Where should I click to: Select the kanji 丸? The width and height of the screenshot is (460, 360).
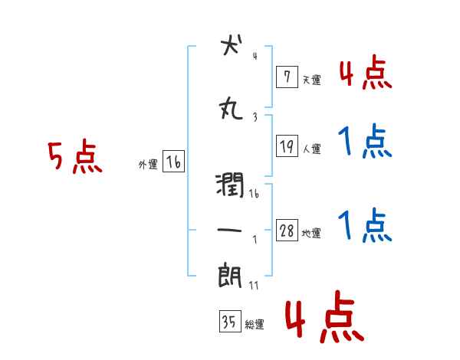click(x=230, y=110)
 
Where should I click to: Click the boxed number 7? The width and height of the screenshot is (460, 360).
click(x=287, y=77)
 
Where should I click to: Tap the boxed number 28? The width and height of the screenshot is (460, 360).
click(x=287, y=231)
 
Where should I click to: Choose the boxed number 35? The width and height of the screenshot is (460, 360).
click(x=229, y=322)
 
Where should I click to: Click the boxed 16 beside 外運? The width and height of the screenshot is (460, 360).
click(x=173, y=162)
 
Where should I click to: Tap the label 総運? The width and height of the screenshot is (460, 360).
click(x=255, y=324)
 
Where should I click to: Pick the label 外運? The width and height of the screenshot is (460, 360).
click(x=148, y=164)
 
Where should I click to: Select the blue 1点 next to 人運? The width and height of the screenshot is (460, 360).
click(x=365, y=142)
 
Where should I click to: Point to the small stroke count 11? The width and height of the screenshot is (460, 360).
click(x=254, y=286)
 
